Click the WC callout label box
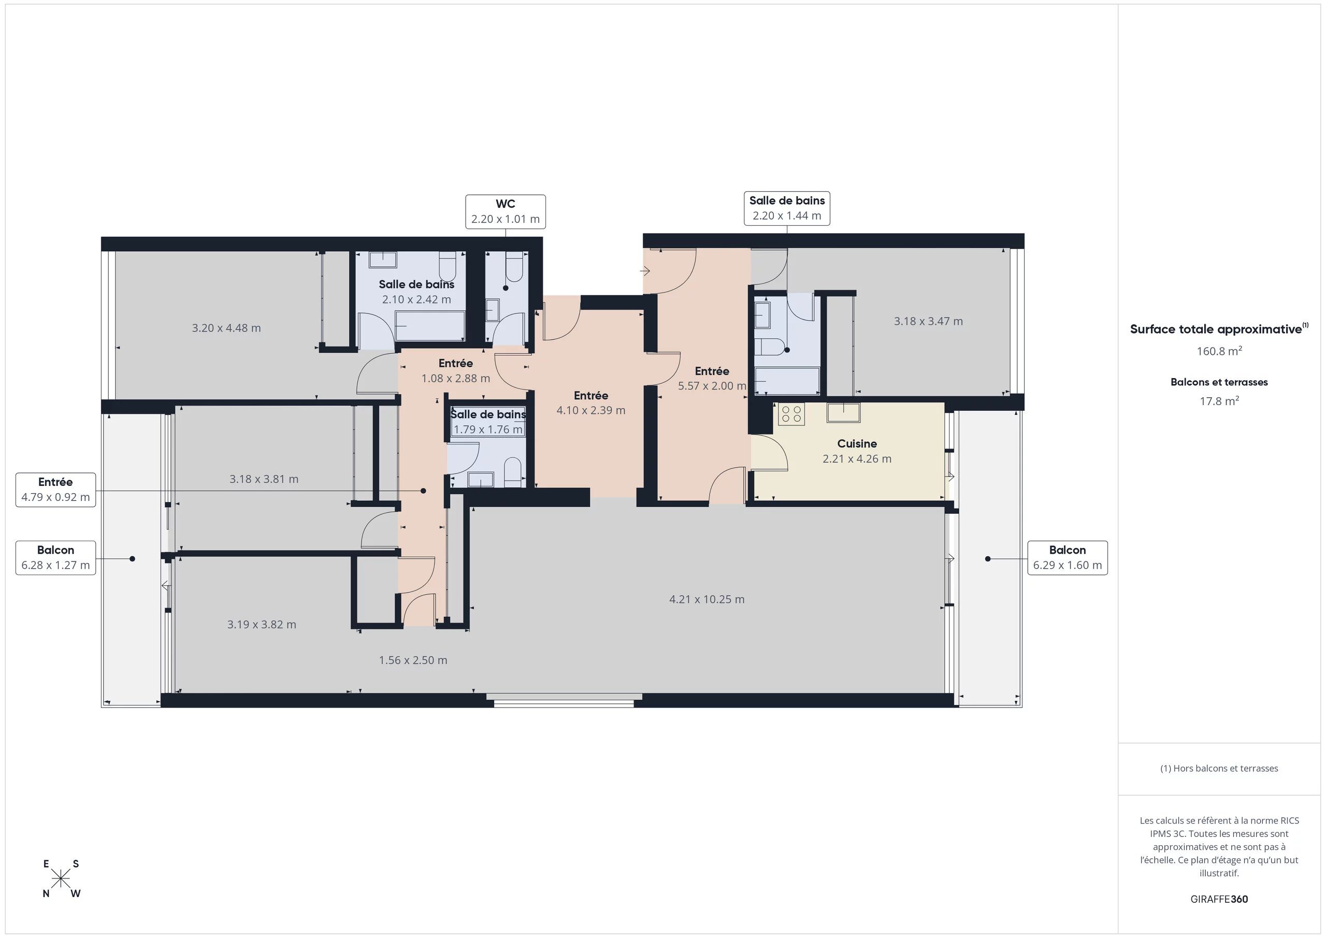coord(506,211)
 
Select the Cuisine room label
coord(857,443)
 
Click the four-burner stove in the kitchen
coord(790,413)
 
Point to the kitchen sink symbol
coord(843,412)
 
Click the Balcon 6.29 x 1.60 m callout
coord(1067,558)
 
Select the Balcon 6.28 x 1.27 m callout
coord(55,558)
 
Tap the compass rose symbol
coord(61,879)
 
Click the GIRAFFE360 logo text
coord(1219,899)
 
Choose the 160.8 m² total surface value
coord(1219,351)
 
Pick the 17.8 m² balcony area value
coord(1219,401)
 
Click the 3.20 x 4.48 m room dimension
coord(226,328)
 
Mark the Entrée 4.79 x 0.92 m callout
coord(55,490)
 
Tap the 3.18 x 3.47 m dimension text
coord(929,321)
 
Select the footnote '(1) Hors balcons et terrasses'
coord(1219,768)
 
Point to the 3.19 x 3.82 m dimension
coord(262,624)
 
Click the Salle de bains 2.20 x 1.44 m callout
coord(787,208)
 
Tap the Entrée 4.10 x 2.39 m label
coord(591,402)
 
